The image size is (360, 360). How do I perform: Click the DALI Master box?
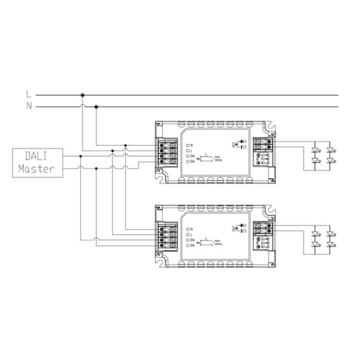point(37,163)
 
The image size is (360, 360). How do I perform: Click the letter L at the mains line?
point(28,94)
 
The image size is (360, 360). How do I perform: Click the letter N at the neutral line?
point(28,107)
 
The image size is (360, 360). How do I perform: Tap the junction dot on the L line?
point(82,95)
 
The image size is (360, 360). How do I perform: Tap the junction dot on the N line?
point(96,107)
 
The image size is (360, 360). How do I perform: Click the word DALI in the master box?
point(36,157)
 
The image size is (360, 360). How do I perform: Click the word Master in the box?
point(37,169)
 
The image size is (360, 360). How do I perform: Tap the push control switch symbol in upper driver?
point(208,157)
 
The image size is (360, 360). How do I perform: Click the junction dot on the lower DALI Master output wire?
point(96,169)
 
